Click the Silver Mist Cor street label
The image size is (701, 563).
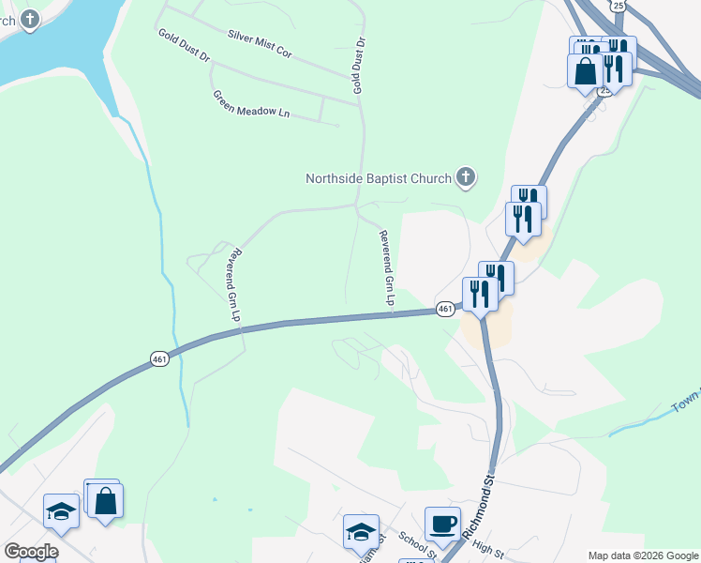[x=260, y=44]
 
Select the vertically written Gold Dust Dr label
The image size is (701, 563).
[x=357, y=66]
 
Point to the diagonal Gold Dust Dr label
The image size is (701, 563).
[x=184, y=45]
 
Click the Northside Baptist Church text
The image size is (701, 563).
[x=379, y=177]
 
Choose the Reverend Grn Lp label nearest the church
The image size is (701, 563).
[x=385, y=267]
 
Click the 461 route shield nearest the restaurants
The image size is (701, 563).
[x=445, y=309]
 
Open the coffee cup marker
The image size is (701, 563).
[x=442, y=524]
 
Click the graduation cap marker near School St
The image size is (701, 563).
[x=361, y=531]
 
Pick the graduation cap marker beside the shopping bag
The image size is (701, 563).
[x=62, y=511]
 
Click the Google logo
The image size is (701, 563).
[x=31, y=552]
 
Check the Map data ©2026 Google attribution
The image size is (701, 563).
[x=642, y=555]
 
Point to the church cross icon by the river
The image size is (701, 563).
[x=31, y=18]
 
